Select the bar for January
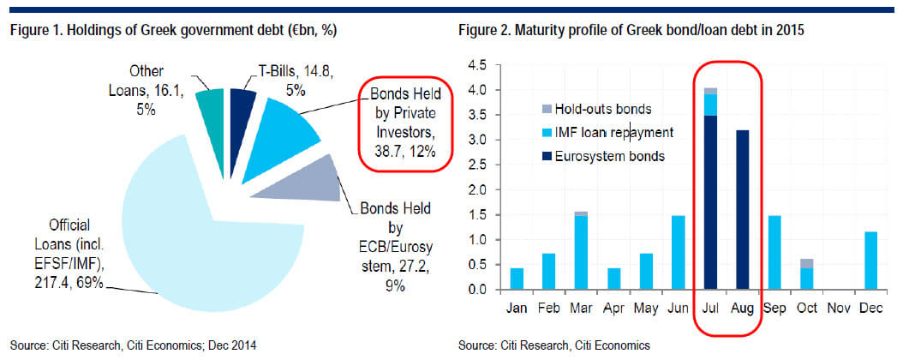(x=517, y=279)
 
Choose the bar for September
(x=774, y=252)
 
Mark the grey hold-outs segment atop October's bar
(x=807, y=263)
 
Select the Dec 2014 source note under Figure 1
(x=133, y=345)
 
